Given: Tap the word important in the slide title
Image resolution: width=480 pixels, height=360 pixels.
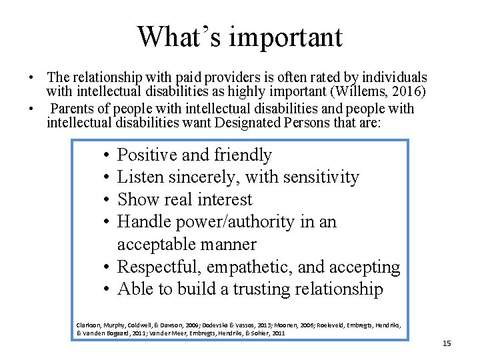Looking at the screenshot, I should [285, 38].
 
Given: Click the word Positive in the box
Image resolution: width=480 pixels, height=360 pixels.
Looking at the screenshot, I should [147, 155].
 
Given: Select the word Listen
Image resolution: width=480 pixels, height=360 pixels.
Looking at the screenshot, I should [139, 177].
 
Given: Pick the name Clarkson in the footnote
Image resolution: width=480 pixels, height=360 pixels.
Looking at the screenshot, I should [89, 325].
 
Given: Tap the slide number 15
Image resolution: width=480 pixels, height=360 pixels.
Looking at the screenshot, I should [447, 343].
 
